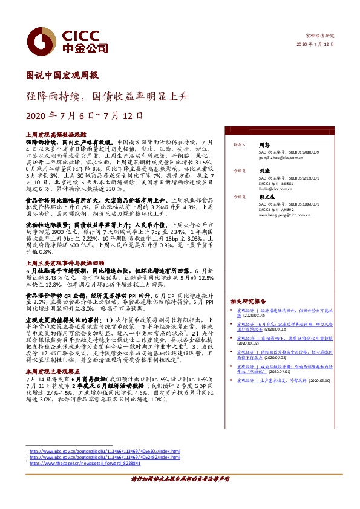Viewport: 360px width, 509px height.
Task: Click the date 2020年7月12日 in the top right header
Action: point(316,45)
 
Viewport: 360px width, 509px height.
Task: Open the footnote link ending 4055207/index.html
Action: point(105,452)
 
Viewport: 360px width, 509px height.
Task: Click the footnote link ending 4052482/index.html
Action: point(105,458)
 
